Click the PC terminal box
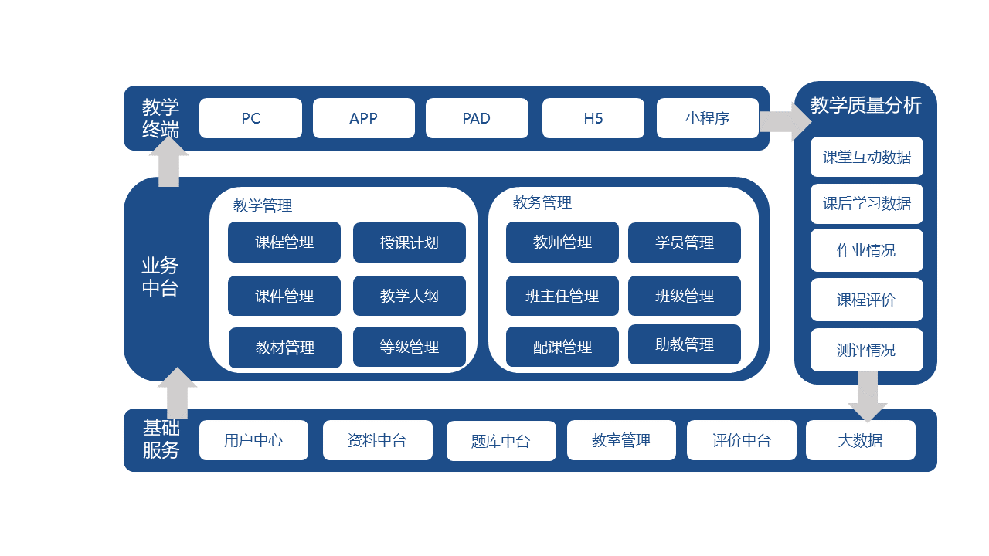[250, 118]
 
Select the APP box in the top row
[363, 118]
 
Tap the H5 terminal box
[593, 118]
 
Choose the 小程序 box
[707, 118]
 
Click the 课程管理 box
[284, 242]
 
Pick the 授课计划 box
[409, 242]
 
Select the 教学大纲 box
[409, 296]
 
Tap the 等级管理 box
[409, 347]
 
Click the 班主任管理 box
[562, 296]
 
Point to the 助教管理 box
[684, 344]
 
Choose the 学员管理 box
[684, 242]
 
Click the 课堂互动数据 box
[866, 157]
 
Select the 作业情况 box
[866, 250]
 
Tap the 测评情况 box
[866, 350]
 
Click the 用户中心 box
[253, 440]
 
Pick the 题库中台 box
[501, 441]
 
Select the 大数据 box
[860, 440]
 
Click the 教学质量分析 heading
[865, 105]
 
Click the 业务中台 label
[160, 277]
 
